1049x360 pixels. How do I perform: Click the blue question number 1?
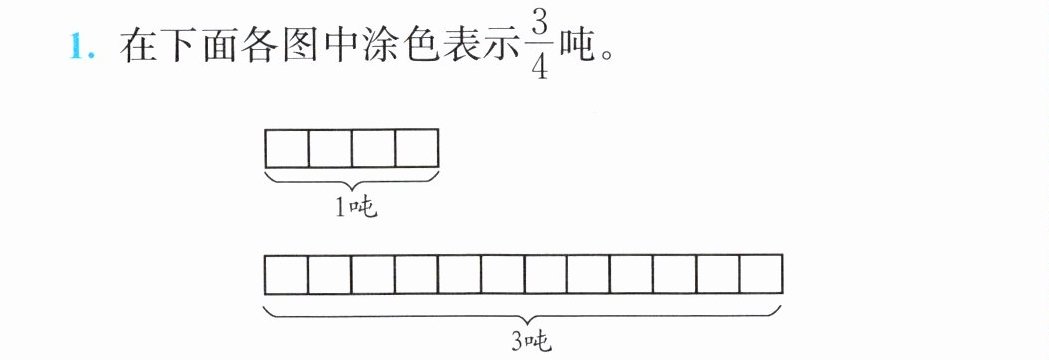(80, 48)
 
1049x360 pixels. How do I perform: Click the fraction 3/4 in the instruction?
(541, 47)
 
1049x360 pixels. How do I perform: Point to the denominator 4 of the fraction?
(541, 68)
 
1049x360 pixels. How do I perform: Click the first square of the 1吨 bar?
(287, 149)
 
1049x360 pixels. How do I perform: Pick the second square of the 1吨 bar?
(330, 149)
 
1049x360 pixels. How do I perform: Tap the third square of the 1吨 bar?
(373, 149)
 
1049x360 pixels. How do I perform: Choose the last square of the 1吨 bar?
(417, 149)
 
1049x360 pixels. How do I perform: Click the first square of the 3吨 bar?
(287, 274)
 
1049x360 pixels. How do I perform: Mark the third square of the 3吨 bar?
(373, 274)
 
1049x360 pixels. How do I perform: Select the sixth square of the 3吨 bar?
(502, 274)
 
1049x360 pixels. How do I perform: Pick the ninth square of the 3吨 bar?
(632, 274)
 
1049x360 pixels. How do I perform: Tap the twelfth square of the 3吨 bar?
(761, 274)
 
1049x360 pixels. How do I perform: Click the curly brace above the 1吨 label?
(352, 188)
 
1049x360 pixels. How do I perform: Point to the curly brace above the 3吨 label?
(524, 320)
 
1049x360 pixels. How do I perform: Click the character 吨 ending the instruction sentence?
(578, 48)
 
